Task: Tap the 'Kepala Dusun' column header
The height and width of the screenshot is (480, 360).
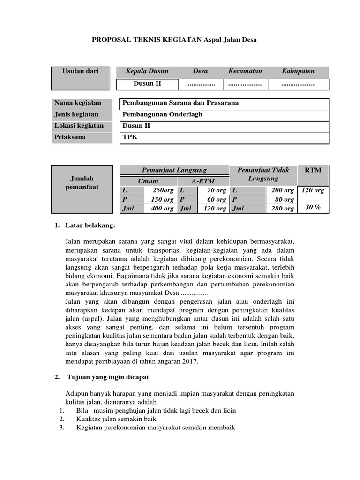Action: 147,71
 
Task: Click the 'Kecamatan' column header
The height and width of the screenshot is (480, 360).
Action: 245,71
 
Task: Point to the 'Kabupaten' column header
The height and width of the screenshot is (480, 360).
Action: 298,71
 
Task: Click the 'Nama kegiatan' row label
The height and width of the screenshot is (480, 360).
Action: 78,103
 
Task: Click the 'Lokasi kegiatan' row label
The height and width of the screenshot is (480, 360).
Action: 79,126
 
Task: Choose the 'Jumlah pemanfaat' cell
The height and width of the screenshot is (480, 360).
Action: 82,183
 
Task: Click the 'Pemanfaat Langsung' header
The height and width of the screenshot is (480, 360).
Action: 174,170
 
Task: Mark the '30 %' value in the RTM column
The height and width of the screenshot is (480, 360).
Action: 313,207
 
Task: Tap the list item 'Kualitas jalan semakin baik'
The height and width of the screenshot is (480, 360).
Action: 116,419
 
